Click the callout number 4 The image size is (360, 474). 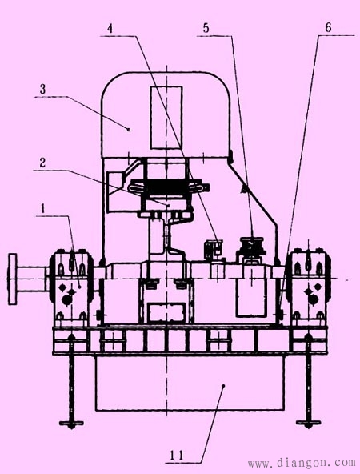pyautogui.click(x=110, y=29)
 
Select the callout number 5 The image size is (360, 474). pyautogui.click(x=206, y=28)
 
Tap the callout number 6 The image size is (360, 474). pyautogui.click(x=328, y=27)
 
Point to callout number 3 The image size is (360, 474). pyautogui.click(x=42, y=89)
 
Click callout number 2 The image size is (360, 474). pyautogui.click(x=42, y=163)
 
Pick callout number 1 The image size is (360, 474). pyautogui.click(x=43, y=208)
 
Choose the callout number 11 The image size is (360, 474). pyautogui.click(x=177, y=456)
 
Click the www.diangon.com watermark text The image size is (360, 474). pyautogui.click(x=302, y=462)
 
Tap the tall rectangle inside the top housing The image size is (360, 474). pyautogui.click(x=166, y=118)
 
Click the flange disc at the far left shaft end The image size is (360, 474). pyautogui.click(x=12, y=279)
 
